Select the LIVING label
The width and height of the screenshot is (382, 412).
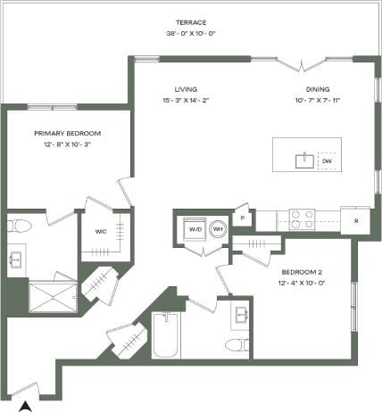(x=186, y=89)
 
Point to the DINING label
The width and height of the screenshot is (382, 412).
(x=318, y=89)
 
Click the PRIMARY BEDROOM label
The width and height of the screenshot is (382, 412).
(x=67, y=133)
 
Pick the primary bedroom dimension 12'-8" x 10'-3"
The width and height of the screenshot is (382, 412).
(x=67, y=144)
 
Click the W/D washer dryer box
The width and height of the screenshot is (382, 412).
(x=194, y=229)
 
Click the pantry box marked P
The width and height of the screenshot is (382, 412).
(x=242, y=218)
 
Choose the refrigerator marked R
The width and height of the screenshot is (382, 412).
(x=356, y=219)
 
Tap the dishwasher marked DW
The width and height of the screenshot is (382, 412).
(x=328, y=162)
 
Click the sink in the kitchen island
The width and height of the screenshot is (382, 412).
(x=305, y=161)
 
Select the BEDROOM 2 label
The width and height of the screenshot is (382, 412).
(x=303, y=273)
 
